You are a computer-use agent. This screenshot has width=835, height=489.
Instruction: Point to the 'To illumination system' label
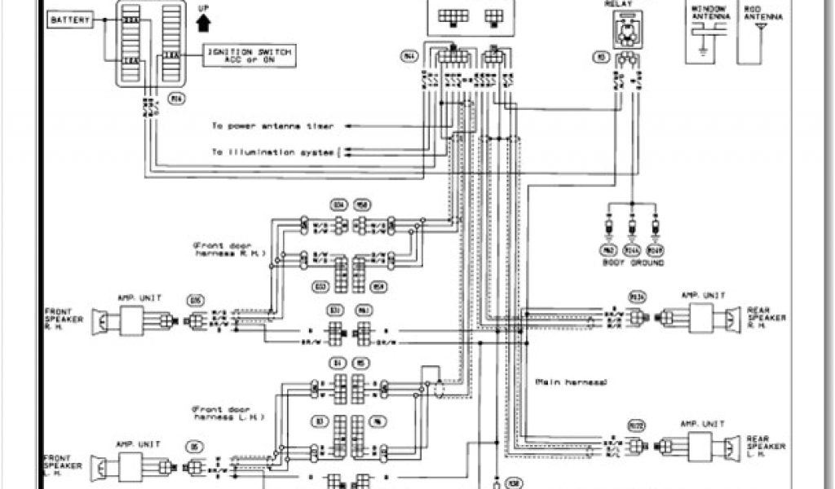[x=273, y=152]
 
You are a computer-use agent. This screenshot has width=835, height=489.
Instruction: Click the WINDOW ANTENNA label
[x=706, y=13]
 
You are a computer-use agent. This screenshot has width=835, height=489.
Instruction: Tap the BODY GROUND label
[x=632, y=263]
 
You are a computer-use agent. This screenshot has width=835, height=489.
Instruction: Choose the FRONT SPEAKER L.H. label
[x=62, y=468]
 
